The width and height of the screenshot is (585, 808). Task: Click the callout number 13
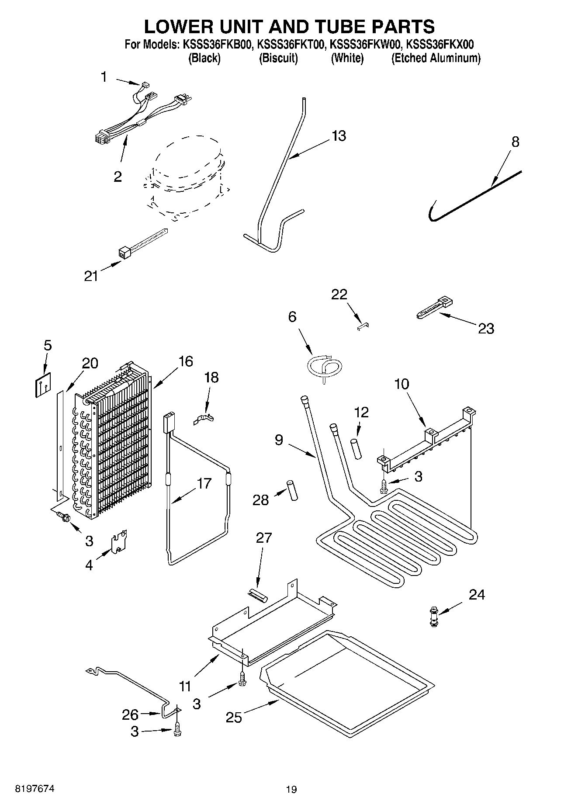click(x=339, y=136)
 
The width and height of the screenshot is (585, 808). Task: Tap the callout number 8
click(x=516, y=142)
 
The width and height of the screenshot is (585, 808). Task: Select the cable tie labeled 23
click(x=433, y=309)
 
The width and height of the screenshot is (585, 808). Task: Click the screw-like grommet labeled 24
click(x=433, y=616)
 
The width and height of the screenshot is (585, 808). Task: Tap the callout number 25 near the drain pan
click(x=234, y=717)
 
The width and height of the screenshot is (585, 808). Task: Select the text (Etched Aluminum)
click(x=436, y=59)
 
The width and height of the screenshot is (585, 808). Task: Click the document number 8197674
click(x=29, y=789)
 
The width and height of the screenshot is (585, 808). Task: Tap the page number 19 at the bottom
click(x=291, y=789)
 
